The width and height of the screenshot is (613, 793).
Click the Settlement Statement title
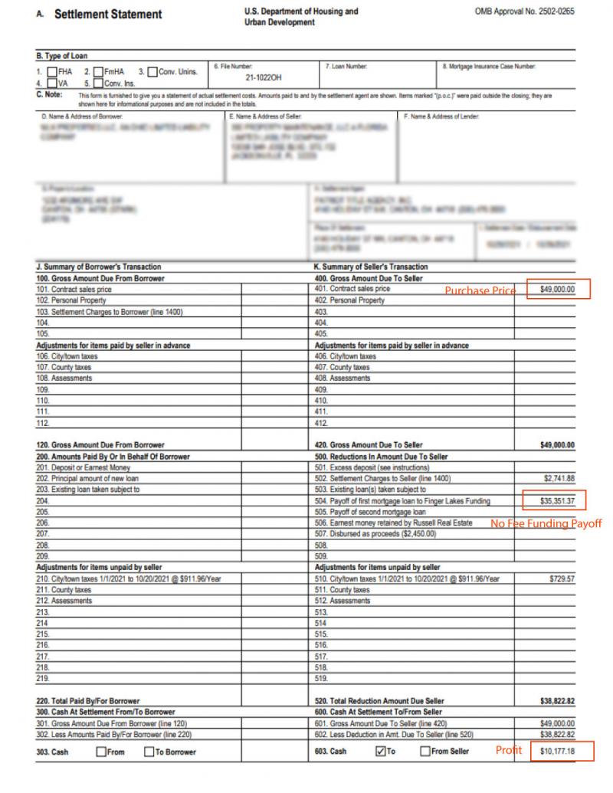[x=108, y=15]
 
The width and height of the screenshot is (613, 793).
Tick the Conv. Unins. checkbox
[x=152, y=72]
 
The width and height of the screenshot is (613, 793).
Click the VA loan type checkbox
[x=51, y=83]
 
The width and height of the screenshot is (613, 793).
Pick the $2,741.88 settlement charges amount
[x=559, y=479]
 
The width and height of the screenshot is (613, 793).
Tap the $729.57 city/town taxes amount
[x=562, y=579]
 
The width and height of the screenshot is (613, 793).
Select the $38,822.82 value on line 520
[x=557, y=701]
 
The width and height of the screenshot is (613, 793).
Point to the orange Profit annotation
[x=508, y=751]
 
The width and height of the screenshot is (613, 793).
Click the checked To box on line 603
[x=381, y=752]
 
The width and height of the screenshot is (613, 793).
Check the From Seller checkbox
[x=425, y=752]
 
